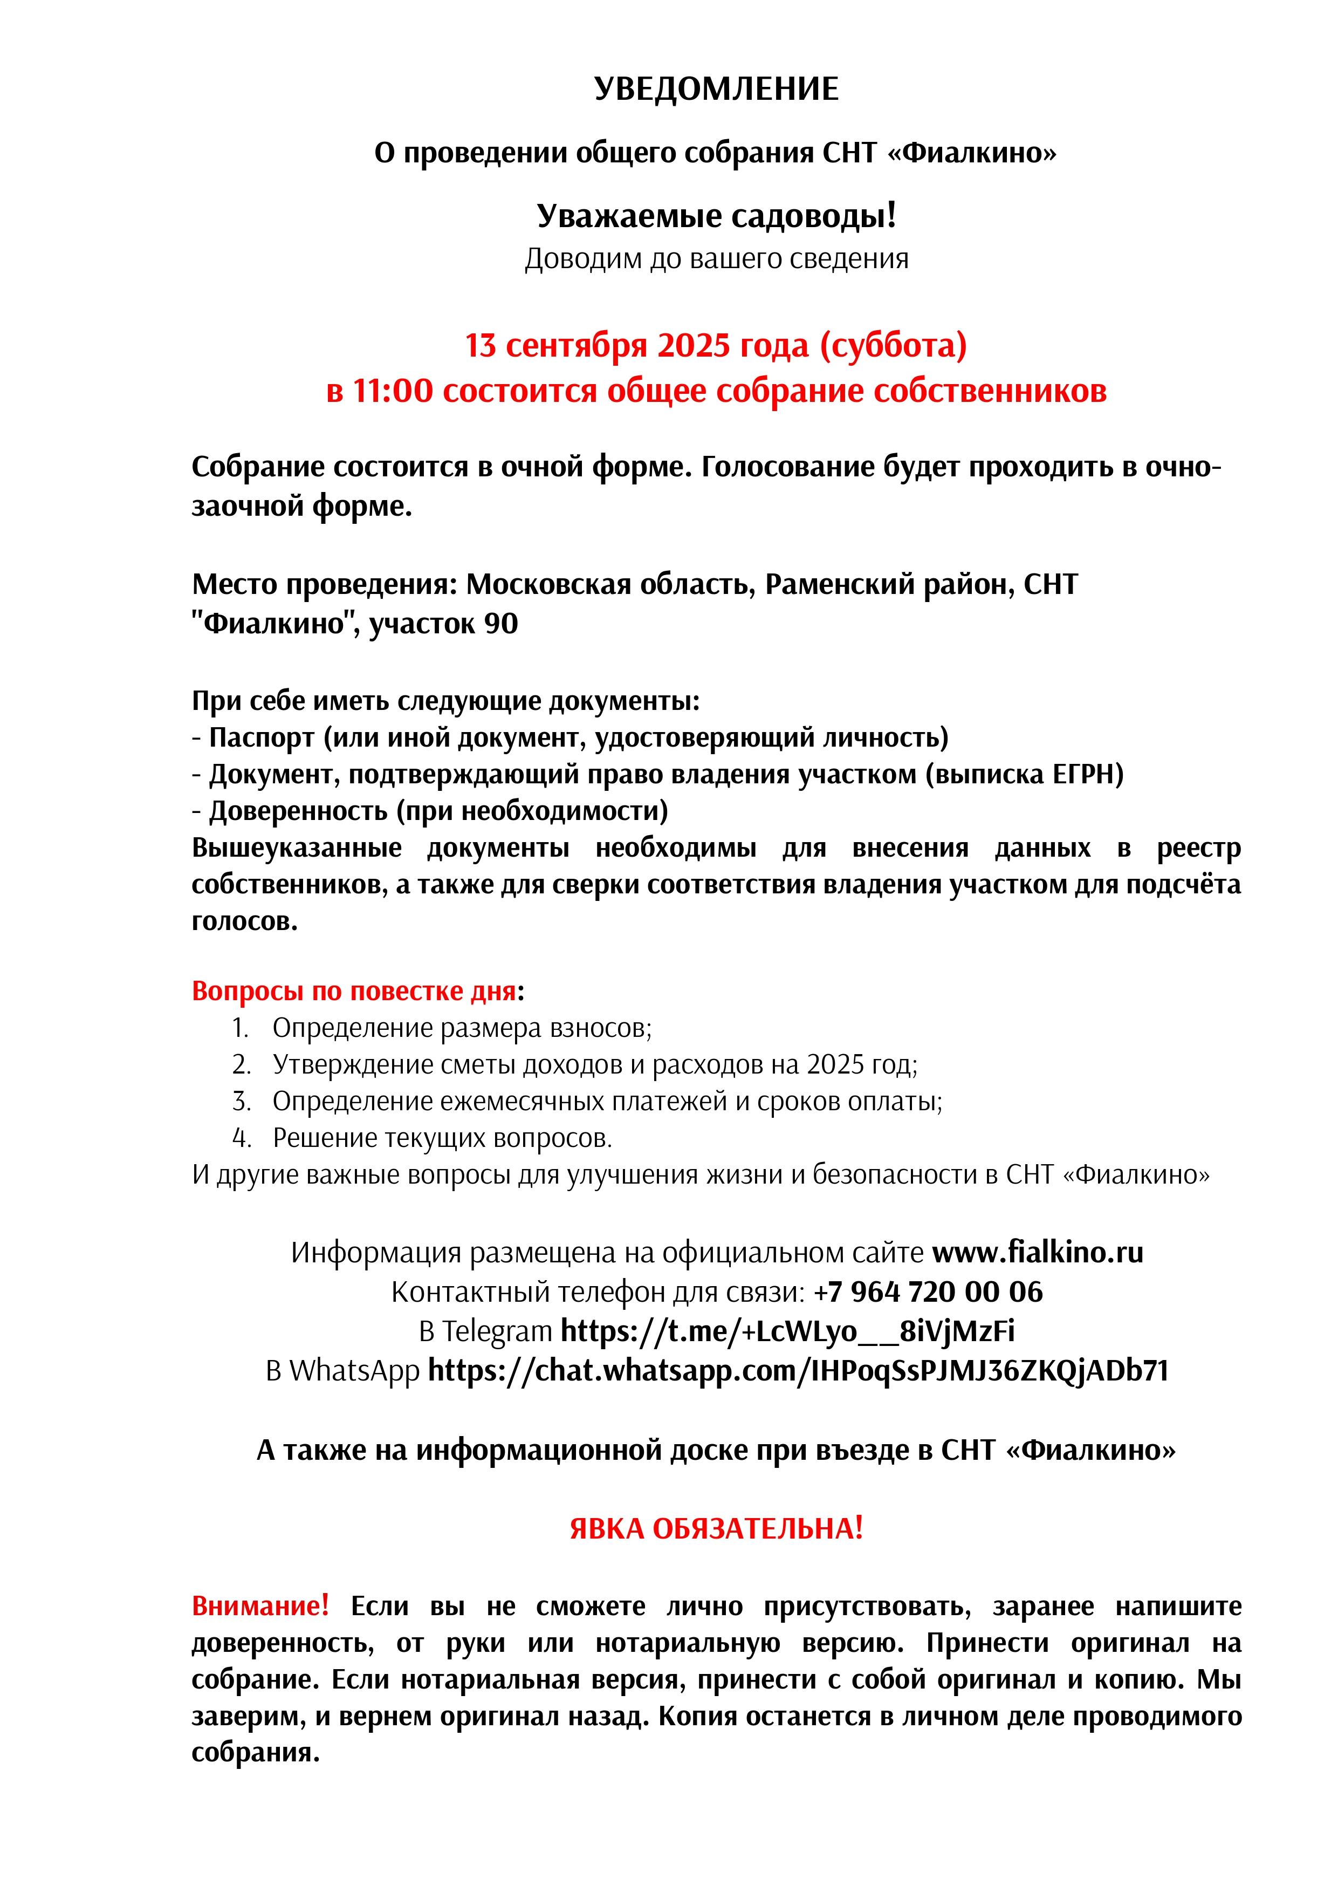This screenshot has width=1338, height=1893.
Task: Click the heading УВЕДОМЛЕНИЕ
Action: pos(716,89)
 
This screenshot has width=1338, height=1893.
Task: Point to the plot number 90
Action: pos(500,623)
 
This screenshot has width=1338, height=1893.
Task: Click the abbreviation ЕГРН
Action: pos(1087,774)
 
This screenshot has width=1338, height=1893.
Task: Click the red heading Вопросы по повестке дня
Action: pos(354,991)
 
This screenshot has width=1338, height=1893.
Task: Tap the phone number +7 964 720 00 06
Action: pos(928,1292)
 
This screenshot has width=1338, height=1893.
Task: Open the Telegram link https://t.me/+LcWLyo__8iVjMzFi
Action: pos(787,1331)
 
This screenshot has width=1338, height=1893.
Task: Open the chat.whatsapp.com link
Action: pos(798,1370)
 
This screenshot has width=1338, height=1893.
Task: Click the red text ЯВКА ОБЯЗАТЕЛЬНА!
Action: pos(716,1529)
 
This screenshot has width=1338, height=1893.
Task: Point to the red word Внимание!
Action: pos(260,1606)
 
